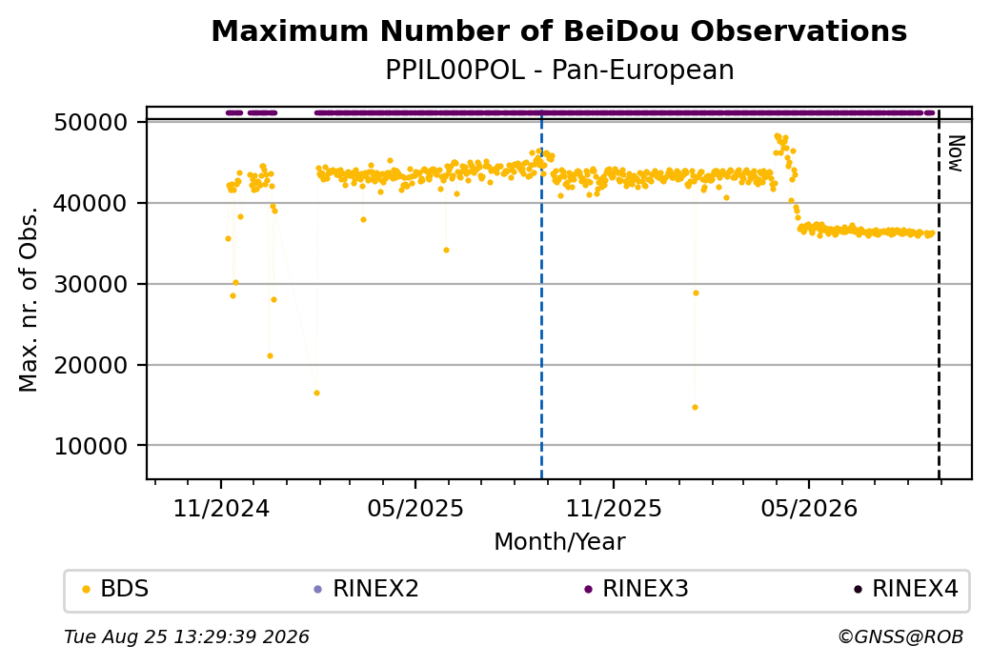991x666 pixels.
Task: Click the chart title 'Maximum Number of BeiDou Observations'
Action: point(558,30)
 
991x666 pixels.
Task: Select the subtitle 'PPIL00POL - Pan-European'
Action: point(559,71)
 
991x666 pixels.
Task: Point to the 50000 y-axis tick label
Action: point(91,122)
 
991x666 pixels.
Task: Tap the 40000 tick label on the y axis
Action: point(91,203)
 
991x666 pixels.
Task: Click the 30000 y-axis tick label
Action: point(91,284)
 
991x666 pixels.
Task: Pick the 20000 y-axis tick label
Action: point(91,365)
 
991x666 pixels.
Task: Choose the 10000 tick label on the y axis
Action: point(91,446)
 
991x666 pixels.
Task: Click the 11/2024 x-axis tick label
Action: point(221,508)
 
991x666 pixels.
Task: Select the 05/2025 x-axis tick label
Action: point(415,508)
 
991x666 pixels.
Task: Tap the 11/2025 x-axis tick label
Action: point(613,508)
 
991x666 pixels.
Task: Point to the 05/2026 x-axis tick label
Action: point(809,508)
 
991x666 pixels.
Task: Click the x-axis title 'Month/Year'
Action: point(559,541)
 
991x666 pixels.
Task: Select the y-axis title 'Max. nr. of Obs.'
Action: point(29,299)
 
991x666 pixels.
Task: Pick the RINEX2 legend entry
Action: point(367,589)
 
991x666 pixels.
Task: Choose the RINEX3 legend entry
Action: point(637,589)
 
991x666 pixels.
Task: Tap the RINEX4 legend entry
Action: point(906,589)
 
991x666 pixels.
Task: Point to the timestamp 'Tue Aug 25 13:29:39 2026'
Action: point(187,636)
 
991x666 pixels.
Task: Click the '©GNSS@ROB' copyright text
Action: point(901,636)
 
